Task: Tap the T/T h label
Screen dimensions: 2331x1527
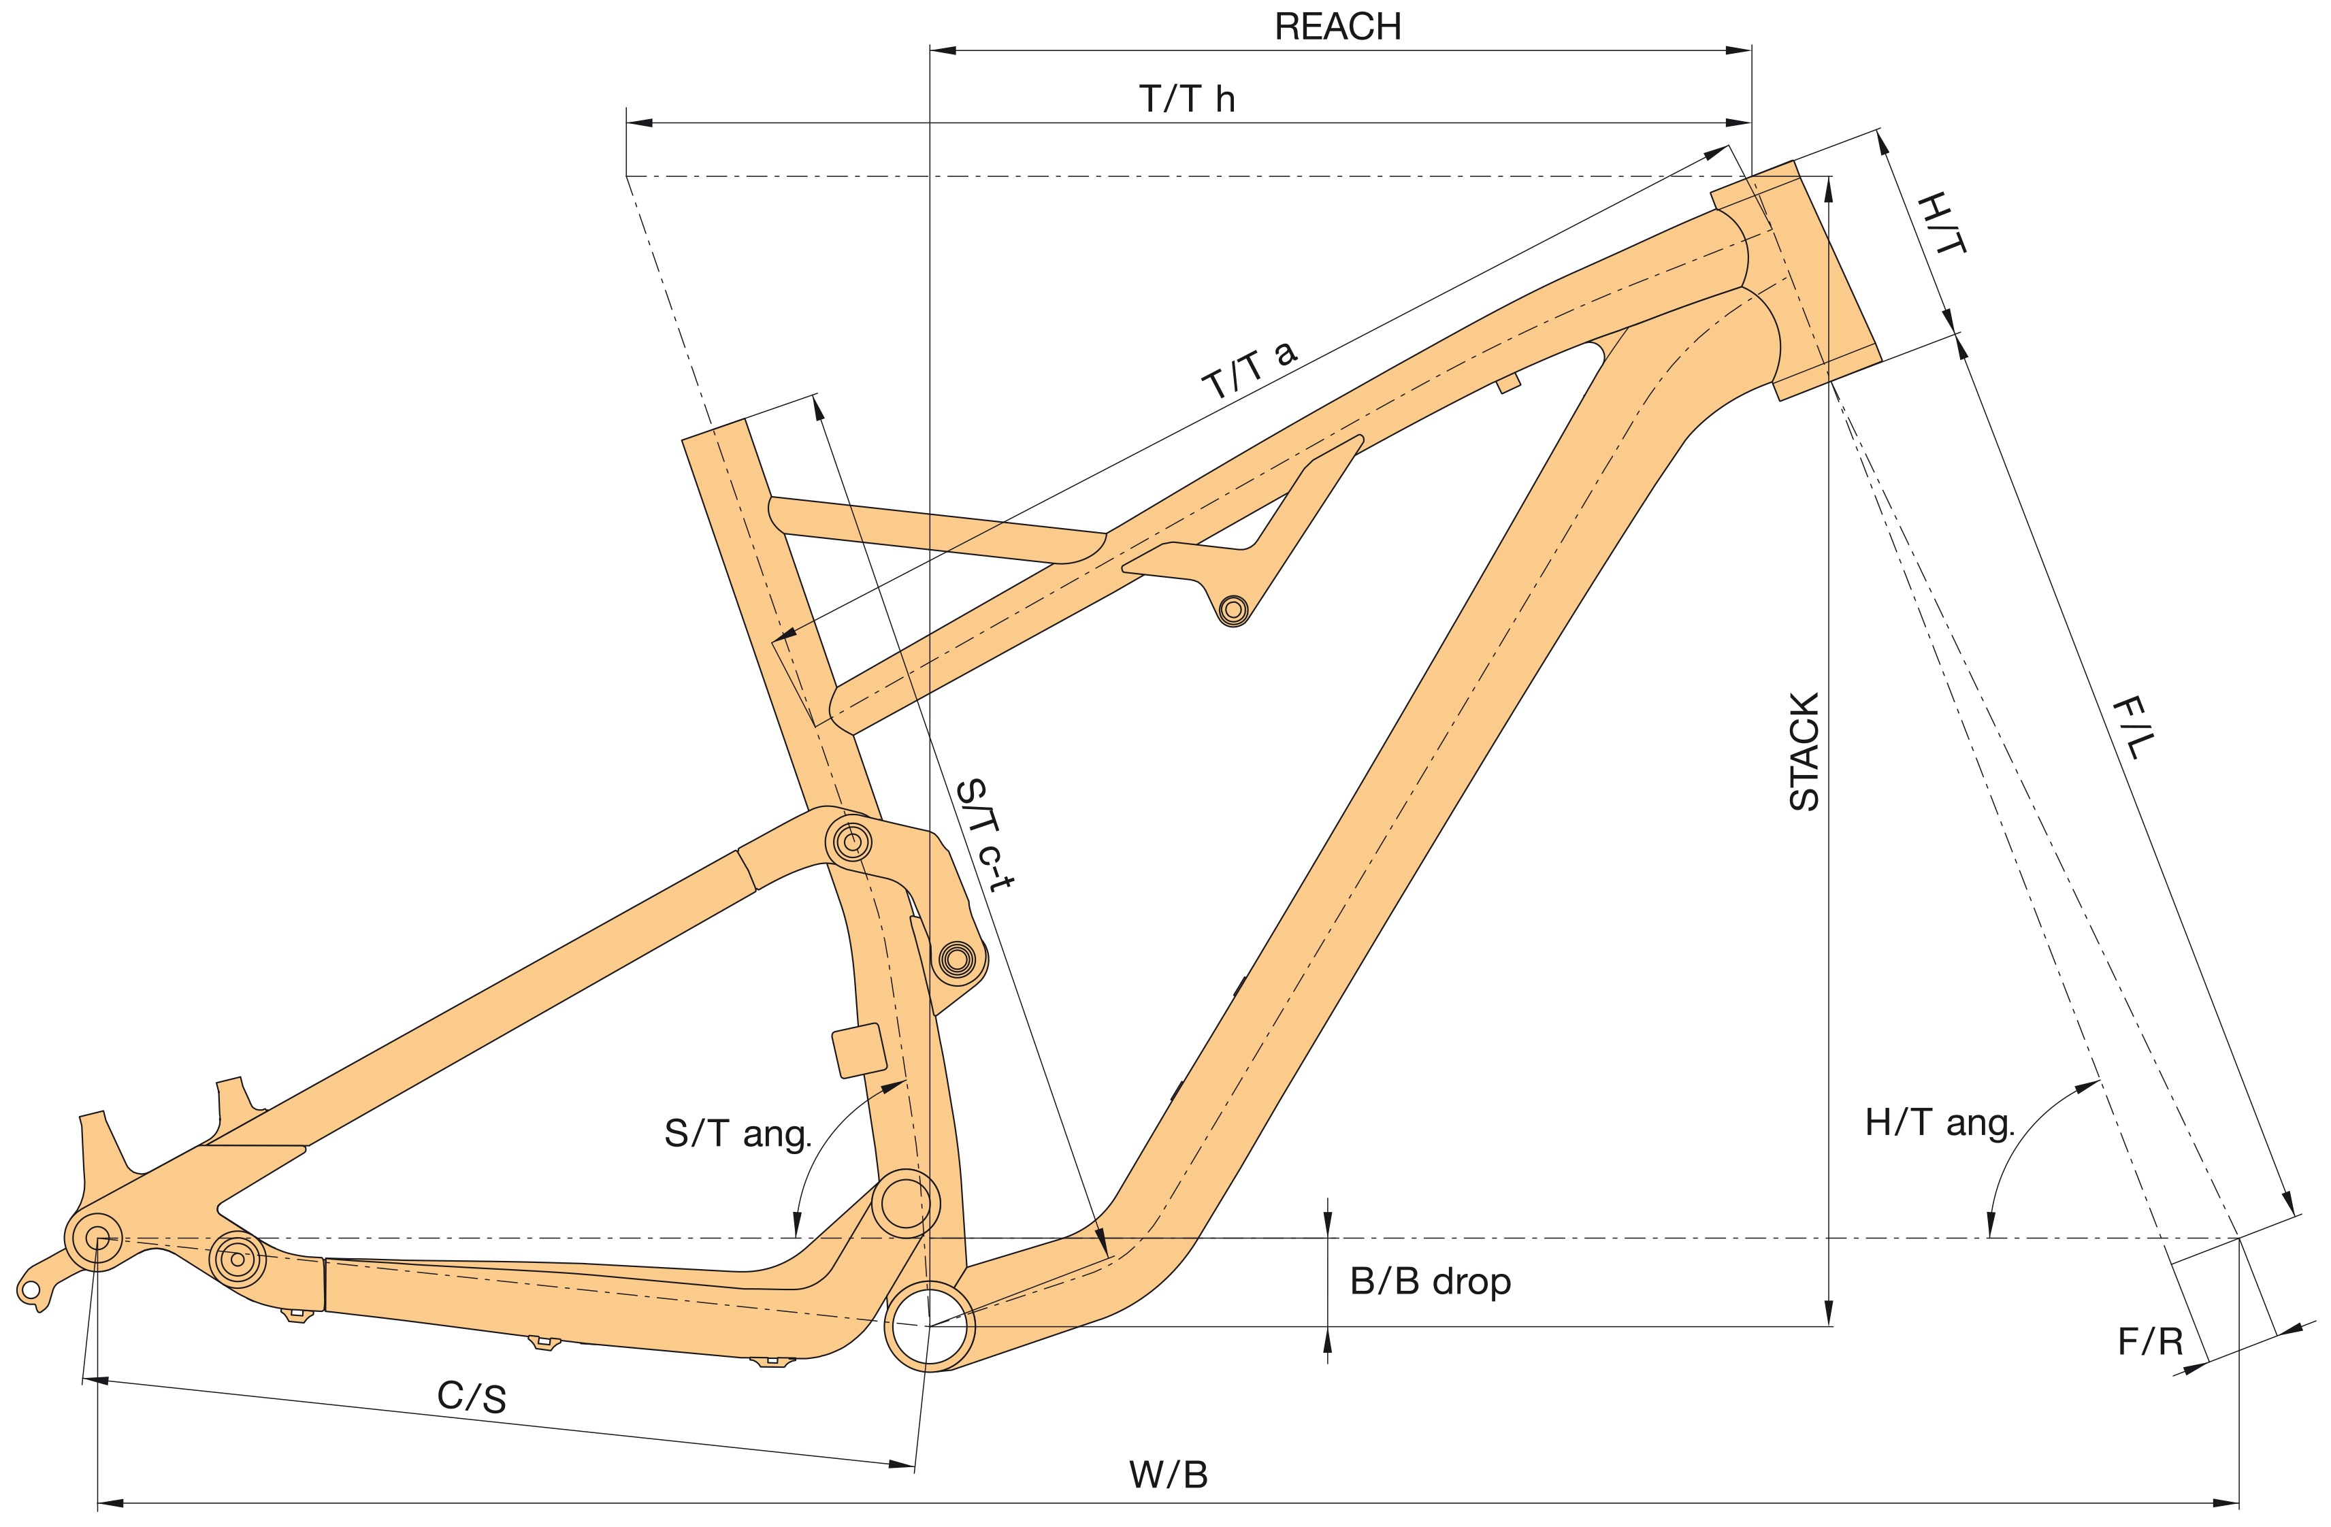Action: coord(1186,99)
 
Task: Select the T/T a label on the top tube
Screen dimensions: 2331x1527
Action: coord(1250,370)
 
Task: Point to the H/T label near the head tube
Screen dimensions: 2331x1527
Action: coord(1941,223)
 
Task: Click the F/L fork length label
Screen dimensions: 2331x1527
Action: coord(2133,727)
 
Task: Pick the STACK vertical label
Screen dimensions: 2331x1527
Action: coord(1804,751)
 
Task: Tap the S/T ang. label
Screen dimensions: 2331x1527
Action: coord(738,1133)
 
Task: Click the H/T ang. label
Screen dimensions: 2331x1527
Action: coord(1939,1123)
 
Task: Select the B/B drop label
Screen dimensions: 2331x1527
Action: coord(1430,1281)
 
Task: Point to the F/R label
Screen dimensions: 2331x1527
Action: coord(2151,1342)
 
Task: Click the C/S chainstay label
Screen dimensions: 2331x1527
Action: coord(472,1397)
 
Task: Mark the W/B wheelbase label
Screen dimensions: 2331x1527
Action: coord(1169,1475)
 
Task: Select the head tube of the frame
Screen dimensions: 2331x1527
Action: coord(1796,280)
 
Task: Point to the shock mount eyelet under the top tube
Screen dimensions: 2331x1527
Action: coord(1233,609)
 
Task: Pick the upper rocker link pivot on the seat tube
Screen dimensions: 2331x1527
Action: coord(851,840)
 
